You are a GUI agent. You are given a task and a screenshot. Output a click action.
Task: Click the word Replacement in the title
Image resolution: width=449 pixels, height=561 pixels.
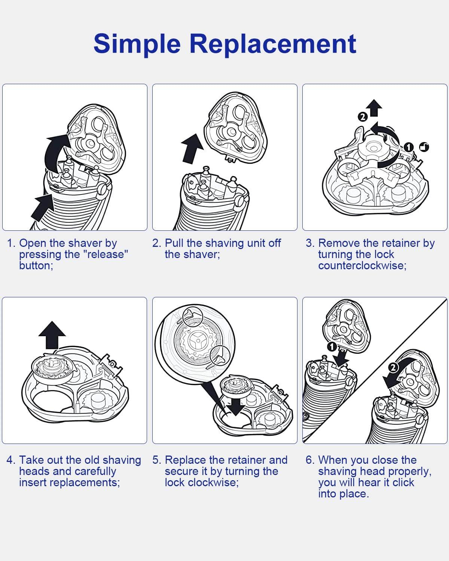coord(273,44)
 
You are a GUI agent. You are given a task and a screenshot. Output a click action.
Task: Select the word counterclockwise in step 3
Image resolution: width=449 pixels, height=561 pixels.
coord(362,266)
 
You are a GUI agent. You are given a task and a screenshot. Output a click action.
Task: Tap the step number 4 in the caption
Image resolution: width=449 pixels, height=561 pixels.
coord(10,460)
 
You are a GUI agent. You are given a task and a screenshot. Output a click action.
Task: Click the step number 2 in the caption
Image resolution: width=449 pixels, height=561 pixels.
coord(156,243)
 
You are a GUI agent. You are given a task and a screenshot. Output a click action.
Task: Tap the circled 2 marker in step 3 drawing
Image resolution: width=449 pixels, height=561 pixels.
coord(362,117)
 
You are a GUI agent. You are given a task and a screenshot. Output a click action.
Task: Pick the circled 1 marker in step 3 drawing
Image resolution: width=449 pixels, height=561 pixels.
coord(409,147)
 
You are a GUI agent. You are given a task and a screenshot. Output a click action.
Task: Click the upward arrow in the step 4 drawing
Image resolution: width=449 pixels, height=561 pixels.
coord(52,335)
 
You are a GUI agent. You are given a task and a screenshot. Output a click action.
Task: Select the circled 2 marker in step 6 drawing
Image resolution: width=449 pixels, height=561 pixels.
coord(393,368)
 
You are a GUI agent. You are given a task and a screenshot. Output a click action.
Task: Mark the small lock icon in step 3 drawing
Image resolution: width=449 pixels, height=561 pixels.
coord(424,147)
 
